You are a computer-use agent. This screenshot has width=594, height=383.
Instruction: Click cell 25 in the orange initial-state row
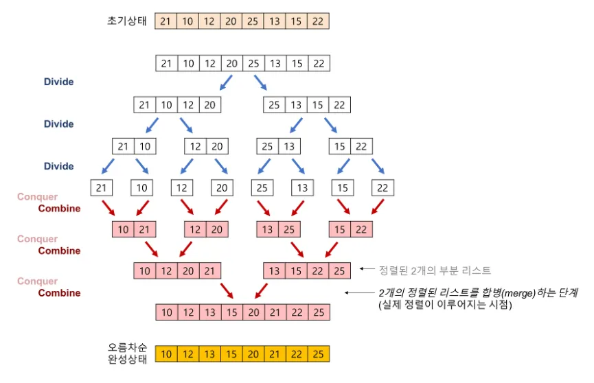[x=253, y=21]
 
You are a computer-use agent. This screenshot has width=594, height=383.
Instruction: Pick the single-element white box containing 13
[x=300, y=187]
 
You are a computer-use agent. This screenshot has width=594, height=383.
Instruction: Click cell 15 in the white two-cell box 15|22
[x=341, y=146]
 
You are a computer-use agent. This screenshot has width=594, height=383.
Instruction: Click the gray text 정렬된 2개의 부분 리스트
[x=433, y=270]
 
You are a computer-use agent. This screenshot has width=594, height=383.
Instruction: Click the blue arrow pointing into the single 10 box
[x=141, y=167]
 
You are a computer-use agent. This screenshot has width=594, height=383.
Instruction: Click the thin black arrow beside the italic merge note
[x=359, y=293]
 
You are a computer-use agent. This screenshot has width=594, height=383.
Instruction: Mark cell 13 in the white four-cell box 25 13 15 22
[x=296, y=106]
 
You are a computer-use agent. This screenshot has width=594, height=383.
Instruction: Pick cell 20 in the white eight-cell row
[x=231, y=64]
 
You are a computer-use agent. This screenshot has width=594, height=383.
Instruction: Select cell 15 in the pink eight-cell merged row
[x=231, y=312]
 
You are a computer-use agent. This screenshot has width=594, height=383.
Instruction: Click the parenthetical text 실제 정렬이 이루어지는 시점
[x=443, y=305]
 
